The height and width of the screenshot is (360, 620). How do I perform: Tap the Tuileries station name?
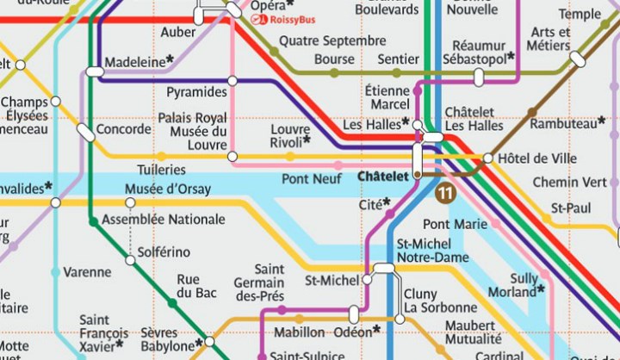161,170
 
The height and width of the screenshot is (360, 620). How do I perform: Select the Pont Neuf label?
307,178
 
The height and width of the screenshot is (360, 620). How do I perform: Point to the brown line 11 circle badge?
445,194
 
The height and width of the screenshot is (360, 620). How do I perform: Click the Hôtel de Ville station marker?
487,158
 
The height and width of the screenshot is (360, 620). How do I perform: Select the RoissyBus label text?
294,20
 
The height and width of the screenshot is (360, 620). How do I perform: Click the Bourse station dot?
335,73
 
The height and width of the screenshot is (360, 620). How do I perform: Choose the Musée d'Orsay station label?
162,189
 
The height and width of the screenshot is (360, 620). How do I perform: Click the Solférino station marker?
130,253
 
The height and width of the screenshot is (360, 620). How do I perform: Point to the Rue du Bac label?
188,286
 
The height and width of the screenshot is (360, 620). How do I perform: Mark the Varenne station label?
87,272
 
